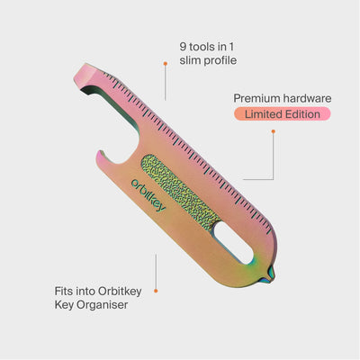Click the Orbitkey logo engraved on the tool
148,195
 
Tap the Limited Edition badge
283,114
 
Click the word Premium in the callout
256,98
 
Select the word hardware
307,98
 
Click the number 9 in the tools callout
183,47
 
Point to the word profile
220,60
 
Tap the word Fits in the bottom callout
64,291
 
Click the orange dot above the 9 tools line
165,64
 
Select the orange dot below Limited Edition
274,131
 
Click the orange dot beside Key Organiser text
156,291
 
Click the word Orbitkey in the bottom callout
120,292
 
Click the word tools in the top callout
201,47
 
